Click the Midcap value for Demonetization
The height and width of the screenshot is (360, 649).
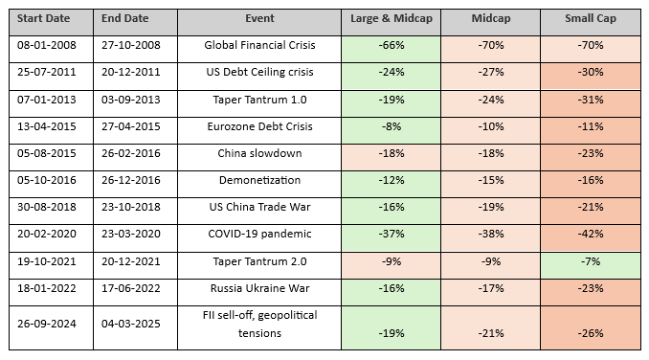(x=489, y=179)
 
